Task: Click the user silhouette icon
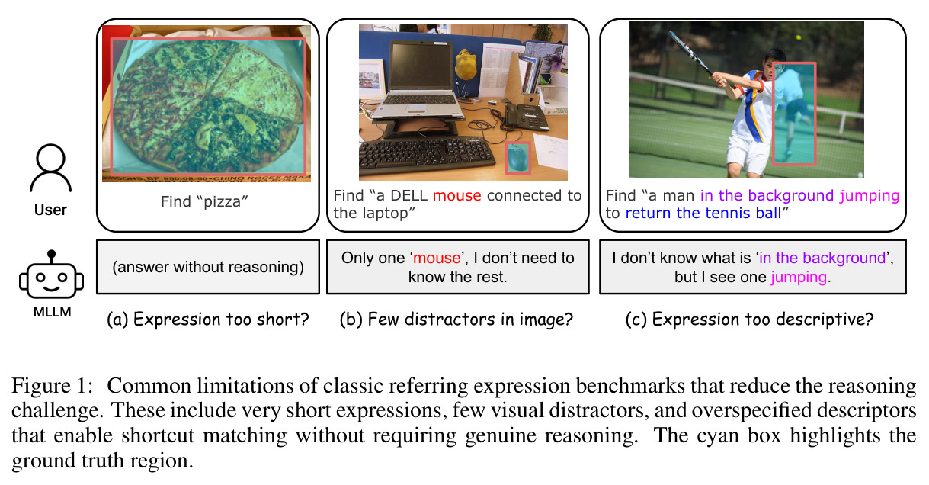(50, 168)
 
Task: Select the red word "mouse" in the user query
(457, 195)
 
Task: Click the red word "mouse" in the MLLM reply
(437, 258)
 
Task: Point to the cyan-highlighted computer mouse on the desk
(518, 158)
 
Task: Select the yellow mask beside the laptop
(466, 64)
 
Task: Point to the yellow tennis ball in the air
(798, 37)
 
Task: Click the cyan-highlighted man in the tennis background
(793, 112)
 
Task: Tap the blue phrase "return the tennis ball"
(703, 214)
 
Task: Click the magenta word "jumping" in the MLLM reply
(799, 277)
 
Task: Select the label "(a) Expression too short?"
(208, 320)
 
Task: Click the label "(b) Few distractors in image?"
(456, 320)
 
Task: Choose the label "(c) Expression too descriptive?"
(749, 320)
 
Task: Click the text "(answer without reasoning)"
(208, 267)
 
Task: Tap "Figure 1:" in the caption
(53, 386)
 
